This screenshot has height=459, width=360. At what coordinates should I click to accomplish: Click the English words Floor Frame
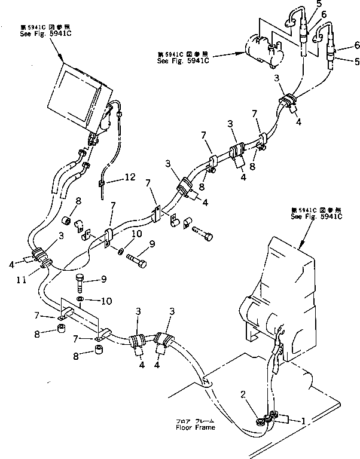click(195, 428)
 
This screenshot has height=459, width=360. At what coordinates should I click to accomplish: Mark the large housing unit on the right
click(281, 299)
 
